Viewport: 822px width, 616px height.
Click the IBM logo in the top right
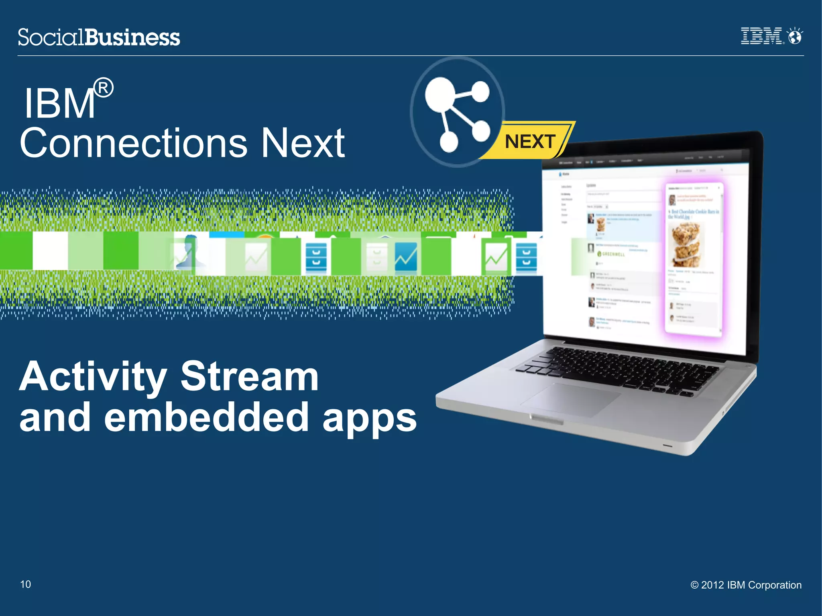[761, 36]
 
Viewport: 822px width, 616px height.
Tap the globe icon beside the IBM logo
[795, 36]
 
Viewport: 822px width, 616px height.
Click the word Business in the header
[132, 37]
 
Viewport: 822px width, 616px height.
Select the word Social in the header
[51, 37]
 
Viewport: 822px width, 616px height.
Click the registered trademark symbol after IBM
[104, 88]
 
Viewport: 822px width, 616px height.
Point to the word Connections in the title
[133, 143]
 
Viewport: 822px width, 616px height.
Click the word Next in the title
[303, 143]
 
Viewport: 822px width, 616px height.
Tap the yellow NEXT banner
[530, 141]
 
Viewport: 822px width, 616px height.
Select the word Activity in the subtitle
[93, 377]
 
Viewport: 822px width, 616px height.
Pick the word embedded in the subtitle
[206, 418]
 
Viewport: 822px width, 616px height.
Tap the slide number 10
[26, 584]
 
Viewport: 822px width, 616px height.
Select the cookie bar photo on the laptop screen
[686, 245]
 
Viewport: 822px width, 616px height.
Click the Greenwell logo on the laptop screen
[611, 254]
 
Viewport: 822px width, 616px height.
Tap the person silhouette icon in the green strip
[189, 252]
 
